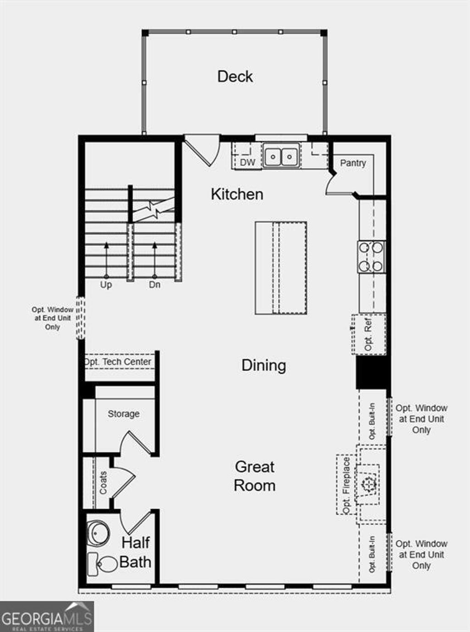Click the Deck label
[235, 76]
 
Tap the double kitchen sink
[281, 156]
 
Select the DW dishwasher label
[247, 162]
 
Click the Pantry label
[353, 163]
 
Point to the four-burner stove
[371, 257]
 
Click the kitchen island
[281, 268]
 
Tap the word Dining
[263, 365]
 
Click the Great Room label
[254, 476]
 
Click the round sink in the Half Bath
[99, 533]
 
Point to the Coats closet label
[103, 483]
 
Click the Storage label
[123, 414]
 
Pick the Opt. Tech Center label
[117, 362]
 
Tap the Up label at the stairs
[106, 285]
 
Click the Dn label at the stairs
[155, 285]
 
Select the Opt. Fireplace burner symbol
[369, 484]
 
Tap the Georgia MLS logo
[46, 616]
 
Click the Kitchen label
[237, 194]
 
